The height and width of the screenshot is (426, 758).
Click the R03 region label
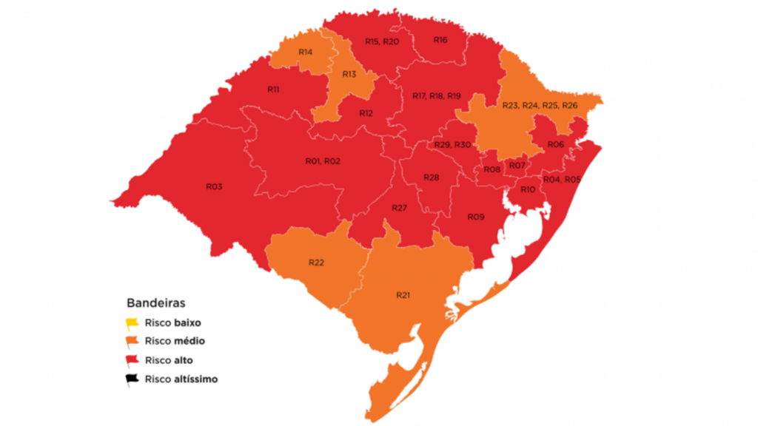(x=214, y=186)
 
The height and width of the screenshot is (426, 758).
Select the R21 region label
(x=403, y=295)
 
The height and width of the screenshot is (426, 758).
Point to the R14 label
(x=305, y=53)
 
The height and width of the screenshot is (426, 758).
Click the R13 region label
(x=349, y=74)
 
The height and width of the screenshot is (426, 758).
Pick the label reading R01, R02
(x=322, y=161)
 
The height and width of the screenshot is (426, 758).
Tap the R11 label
(x=273, y=89)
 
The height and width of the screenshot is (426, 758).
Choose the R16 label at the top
(x=440, y=40)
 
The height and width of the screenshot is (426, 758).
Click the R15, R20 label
(x=382, y=41)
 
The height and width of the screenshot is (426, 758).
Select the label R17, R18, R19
(x=437, y=96)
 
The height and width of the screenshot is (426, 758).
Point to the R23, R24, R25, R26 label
(x=540, y=106)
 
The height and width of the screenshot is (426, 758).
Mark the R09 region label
(x=475, y=217)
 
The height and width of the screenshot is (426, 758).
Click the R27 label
(x=400, y=209)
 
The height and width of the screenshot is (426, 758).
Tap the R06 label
(x=556, y=145)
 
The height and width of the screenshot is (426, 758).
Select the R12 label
(x=366, y=113)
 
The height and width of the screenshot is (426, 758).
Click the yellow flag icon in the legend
(x=132, y=322)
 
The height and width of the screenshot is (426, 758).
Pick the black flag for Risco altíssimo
(x=132, y=379)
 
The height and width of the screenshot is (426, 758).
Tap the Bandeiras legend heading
(x=155, y=303)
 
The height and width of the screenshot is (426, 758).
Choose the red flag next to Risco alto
(x=132, y=360)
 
